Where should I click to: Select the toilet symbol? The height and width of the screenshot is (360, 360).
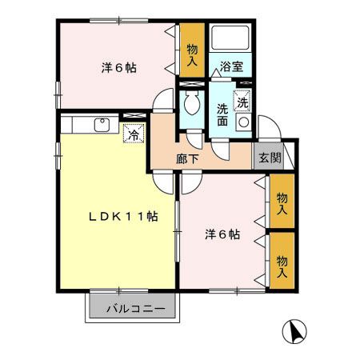[x=190, y=102]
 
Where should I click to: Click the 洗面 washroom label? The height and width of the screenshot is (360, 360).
[x=222, y=116]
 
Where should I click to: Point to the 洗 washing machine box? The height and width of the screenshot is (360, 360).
[x=242, y=102]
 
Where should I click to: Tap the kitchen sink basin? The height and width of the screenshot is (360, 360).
[x=102, y=124]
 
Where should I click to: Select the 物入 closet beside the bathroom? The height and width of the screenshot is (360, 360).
[x=192, y=54]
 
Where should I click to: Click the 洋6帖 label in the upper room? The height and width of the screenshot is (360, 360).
[x=118, y=68]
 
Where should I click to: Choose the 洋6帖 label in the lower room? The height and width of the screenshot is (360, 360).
[x=221, y=234]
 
